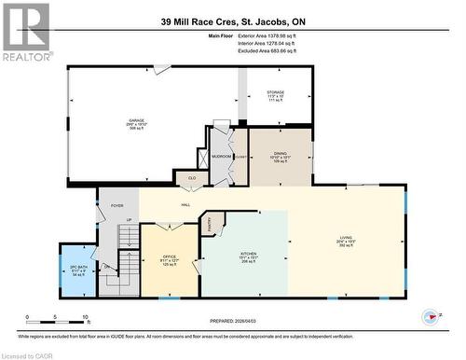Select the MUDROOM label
tap(221, 157)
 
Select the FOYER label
tap(117, 205)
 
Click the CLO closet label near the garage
tap(192, 176)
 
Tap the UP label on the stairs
tap(128, 220)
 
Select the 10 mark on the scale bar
tap(85, 318)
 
